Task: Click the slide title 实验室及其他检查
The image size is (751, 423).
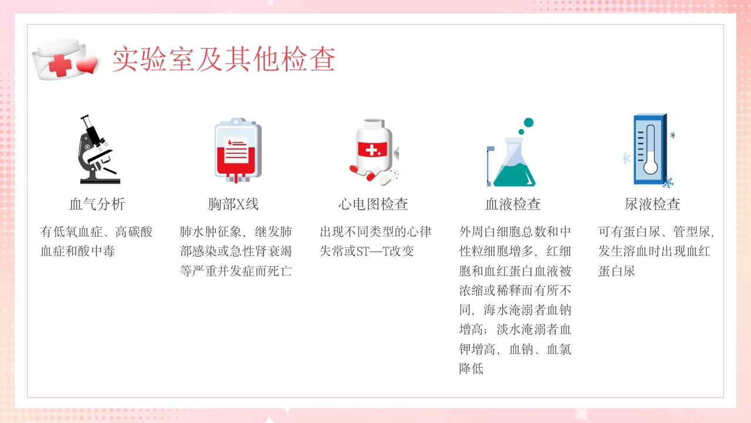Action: pos(224,59)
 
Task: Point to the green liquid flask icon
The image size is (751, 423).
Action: pos(514,162)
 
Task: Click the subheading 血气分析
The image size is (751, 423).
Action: pos(97,204)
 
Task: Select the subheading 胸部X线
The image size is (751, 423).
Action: pos(233,204)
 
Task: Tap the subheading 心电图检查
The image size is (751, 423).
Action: pos(373,204)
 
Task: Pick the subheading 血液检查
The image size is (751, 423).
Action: pos(513,204)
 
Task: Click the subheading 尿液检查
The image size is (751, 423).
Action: pos(652,204)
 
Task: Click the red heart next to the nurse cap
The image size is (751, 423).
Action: pos(87,66)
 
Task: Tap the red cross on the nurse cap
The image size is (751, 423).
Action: pos(60,65)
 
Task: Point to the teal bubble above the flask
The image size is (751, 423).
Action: pos(528,123)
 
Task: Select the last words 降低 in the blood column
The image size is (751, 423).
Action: pos(471,369)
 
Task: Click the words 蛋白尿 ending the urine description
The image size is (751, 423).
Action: pos(617,271)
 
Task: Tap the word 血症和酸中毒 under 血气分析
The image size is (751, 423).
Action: pos(77,251)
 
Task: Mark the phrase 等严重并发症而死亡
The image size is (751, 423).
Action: pos(236,271)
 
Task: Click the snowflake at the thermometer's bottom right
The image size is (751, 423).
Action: pos(668,182)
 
